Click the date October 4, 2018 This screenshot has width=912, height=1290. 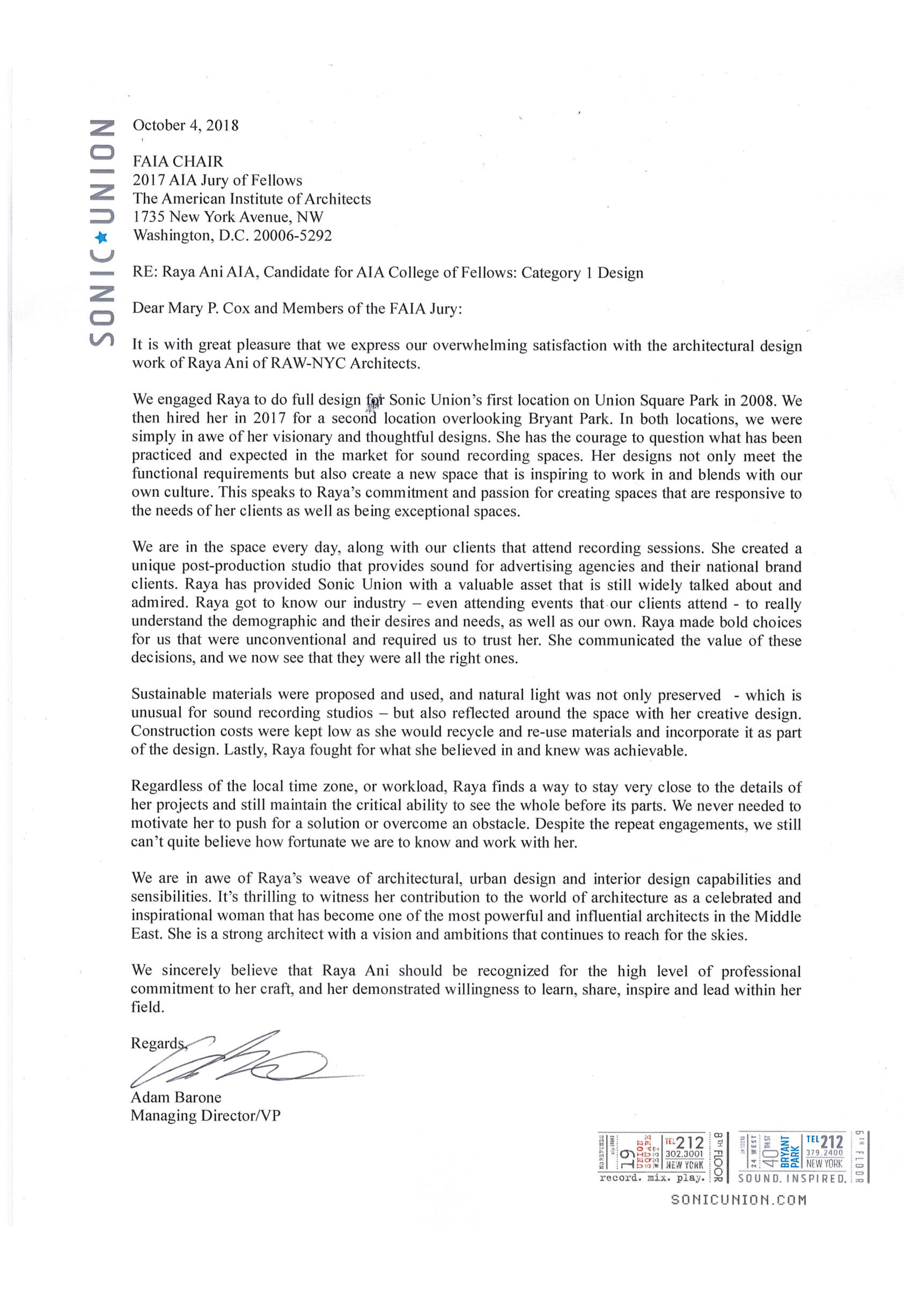(x=185, y=125)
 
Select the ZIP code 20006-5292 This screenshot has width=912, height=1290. (x=292, y=235)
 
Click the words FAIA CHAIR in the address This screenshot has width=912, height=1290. (x=178, y=162)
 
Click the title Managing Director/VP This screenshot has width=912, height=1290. (x=205, y=1116)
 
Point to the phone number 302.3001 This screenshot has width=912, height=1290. (x=684, y=1154)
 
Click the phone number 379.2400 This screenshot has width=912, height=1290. (x=824, y=1152)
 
